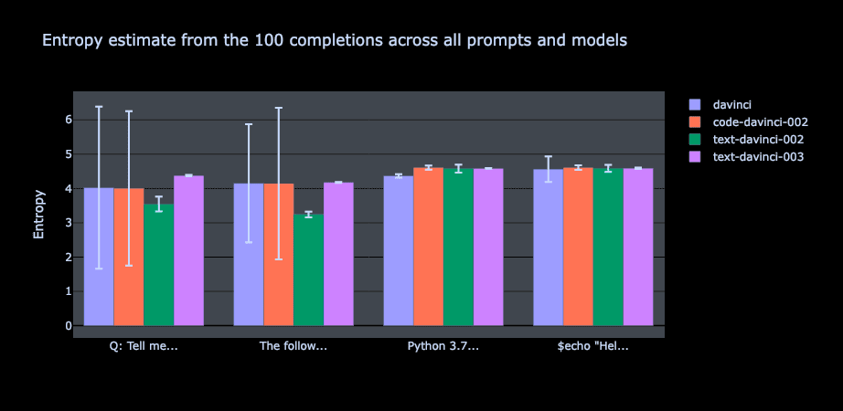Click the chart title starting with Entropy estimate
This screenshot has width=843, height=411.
(335, 40)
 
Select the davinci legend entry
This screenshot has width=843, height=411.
(732, 104)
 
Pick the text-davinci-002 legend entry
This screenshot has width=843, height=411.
(757, 140)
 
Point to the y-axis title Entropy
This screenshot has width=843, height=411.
(39, 215)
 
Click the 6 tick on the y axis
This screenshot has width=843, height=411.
(67, 120)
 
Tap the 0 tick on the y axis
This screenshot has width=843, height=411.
(67, 326)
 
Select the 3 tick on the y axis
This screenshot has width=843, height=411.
(67, 223)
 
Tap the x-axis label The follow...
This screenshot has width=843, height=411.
(293, 346)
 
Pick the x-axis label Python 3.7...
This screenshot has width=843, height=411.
(443, 346)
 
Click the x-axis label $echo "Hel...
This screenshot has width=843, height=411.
(593, 346)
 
